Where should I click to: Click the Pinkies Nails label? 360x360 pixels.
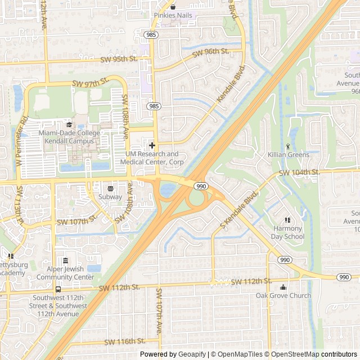tap(172, 15)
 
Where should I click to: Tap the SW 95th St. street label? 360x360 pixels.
tap(119, 58)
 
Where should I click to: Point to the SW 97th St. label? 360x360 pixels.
tap(89, 83)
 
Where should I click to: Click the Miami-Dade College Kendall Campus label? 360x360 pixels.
tap(69, 137)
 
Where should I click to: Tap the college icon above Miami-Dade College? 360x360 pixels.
tap(69, 125)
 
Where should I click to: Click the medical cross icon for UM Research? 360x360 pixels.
tap(152, 145)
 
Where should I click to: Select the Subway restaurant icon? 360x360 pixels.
tap(110, 188)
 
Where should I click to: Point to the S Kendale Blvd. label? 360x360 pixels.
tap(238, 208)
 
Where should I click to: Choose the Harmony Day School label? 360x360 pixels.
tap(289, 233)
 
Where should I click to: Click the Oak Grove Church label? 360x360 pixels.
tap(283, 295)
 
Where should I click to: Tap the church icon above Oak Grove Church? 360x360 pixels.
tap(283, 287)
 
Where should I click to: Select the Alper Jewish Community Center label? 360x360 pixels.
tap(66, 273)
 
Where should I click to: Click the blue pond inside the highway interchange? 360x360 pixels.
tap(167, 190)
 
